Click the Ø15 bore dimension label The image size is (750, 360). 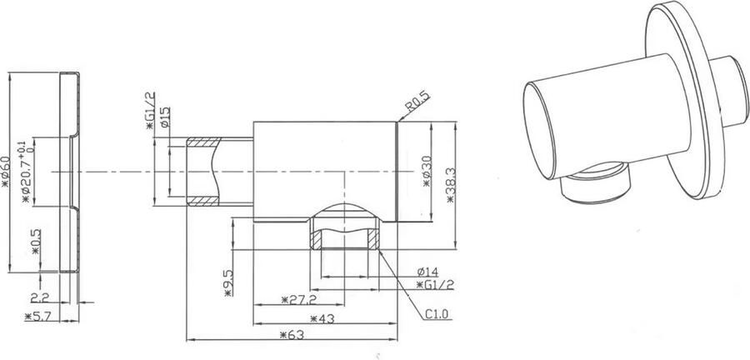[165, 117]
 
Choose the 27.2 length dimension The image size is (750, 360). [297, 298]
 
